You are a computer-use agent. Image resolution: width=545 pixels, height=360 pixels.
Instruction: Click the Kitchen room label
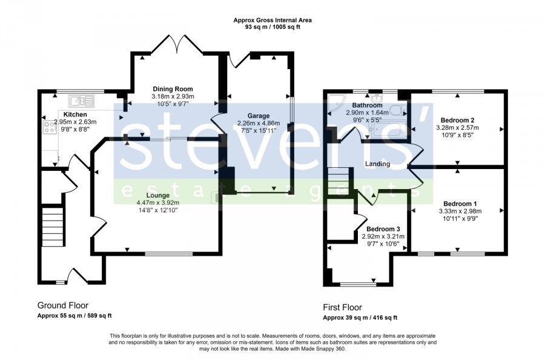coord(75,115)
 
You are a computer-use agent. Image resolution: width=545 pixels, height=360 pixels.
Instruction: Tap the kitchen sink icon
coord(81,101)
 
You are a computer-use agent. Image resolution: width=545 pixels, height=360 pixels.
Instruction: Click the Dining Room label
coord(173,89)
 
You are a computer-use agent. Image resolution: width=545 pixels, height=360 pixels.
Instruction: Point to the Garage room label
coord(258,116)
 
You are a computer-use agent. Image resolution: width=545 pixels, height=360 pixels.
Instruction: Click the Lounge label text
coord(158,196)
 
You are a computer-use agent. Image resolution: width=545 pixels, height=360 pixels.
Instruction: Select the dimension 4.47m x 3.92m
coord(158,203)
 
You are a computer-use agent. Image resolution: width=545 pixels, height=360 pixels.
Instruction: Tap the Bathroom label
coord(367,105)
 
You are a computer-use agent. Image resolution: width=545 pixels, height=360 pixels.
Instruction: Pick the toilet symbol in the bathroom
coord(397,111)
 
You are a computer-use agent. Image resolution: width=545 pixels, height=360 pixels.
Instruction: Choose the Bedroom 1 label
coord(460,204)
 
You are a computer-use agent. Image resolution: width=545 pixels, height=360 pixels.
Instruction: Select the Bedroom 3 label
coord(383,229)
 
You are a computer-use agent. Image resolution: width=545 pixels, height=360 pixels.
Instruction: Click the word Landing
coord(377,164)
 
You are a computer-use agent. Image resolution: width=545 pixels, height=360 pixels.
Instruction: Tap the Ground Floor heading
coord(63,305)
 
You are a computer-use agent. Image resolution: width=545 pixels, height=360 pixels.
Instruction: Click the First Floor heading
coord(342,307)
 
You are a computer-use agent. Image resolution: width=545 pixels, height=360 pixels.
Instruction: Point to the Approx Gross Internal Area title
coord(272,20)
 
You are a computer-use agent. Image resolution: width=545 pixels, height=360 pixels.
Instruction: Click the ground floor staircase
coord(53,227)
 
